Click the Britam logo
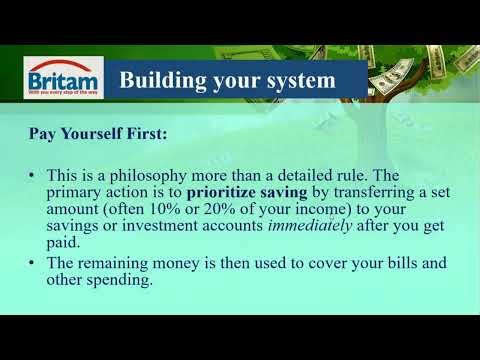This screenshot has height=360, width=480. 61,79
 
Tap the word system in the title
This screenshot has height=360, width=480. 297,80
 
